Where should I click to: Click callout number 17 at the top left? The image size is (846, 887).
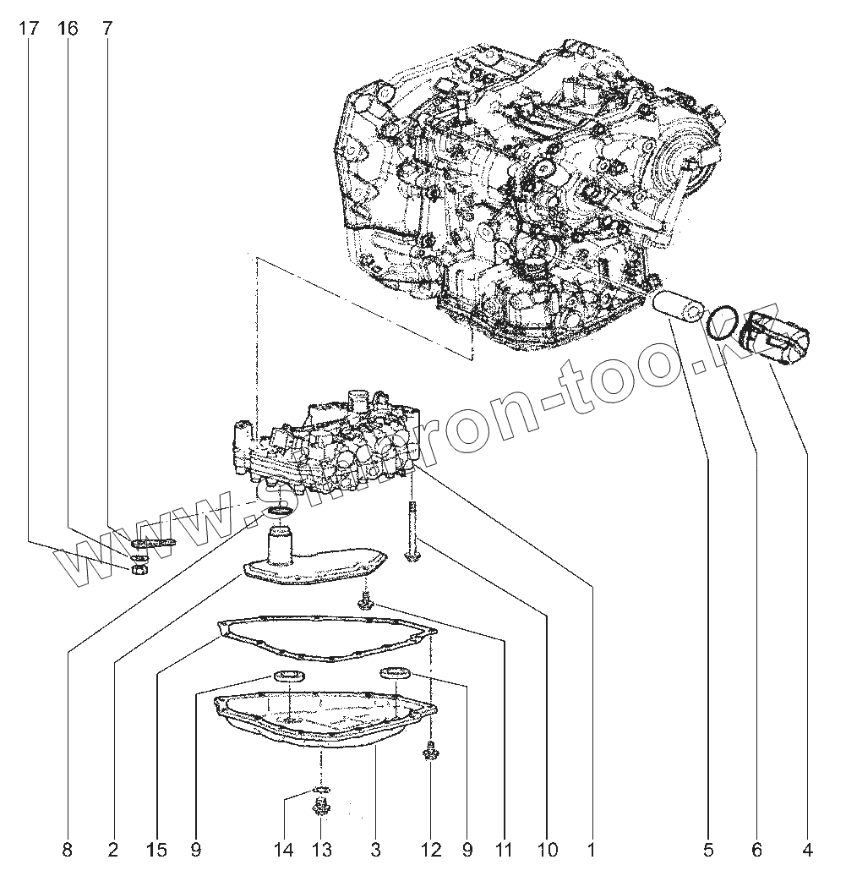pyautogui.click(x=29, y=29)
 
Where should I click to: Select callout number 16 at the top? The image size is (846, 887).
pyautogui.click(x=68, y=29)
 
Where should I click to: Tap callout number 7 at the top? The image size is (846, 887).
pyautogui.click(x=106, y=29)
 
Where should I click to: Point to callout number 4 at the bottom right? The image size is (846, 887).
pyautogui.click(x=807, y=850)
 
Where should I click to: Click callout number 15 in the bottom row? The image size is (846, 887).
pyautogui.click(x=155, y=850)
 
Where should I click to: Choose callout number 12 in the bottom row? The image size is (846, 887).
pyautogui.click(x=431, y=850)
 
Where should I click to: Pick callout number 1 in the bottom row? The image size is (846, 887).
pyautogui.click(x=591, y=850)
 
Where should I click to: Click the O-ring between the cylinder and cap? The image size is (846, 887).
pyautogui.click(x=720, y=324)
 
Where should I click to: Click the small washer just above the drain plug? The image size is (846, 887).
pyautogui.click(x=321, y=790)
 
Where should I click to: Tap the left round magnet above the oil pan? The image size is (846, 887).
pyautogui.click(x=290, y=675)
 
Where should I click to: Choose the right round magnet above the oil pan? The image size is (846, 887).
pyautogui.click(x=396, y=673)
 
